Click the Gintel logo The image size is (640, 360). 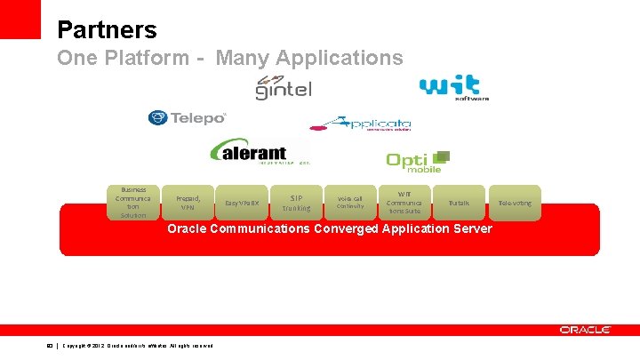(x=284, y=87)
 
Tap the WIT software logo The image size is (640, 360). (x=453, y=87)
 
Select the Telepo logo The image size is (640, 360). (x=188, y=117)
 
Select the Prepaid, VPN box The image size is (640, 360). (x=188, y=203)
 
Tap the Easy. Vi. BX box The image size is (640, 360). (x=242, y=204)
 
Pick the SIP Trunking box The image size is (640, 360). (x=296, y=203)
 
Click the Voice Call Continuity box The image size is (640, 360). (x=350, y=203)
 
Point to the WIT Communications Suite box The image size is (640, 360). (x=404, y=203)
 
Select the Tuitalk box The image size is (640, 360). (x=459, y=203)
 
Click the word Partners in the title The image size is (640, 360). (x=107, y=30)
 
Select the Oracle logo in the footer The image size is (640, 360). (x=585, y=330)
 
